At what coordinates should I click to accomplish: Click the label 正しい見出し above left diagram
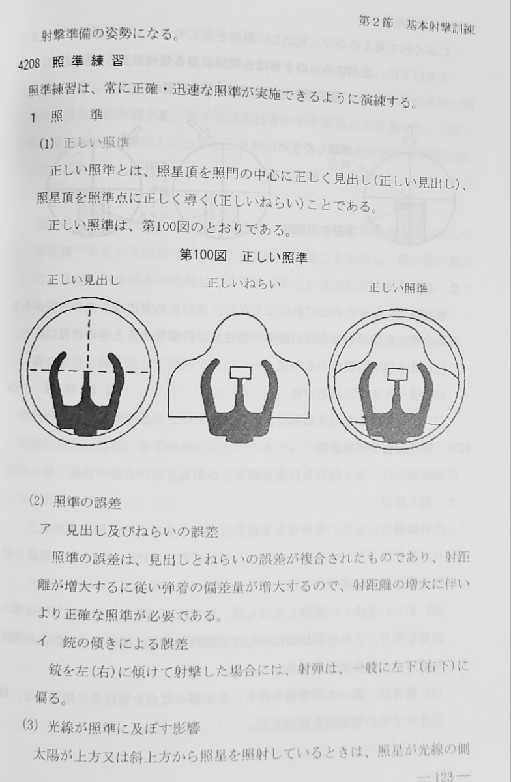coord(83,280)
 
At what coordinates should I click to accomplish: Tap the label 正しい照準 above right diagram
coord(398,287)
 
